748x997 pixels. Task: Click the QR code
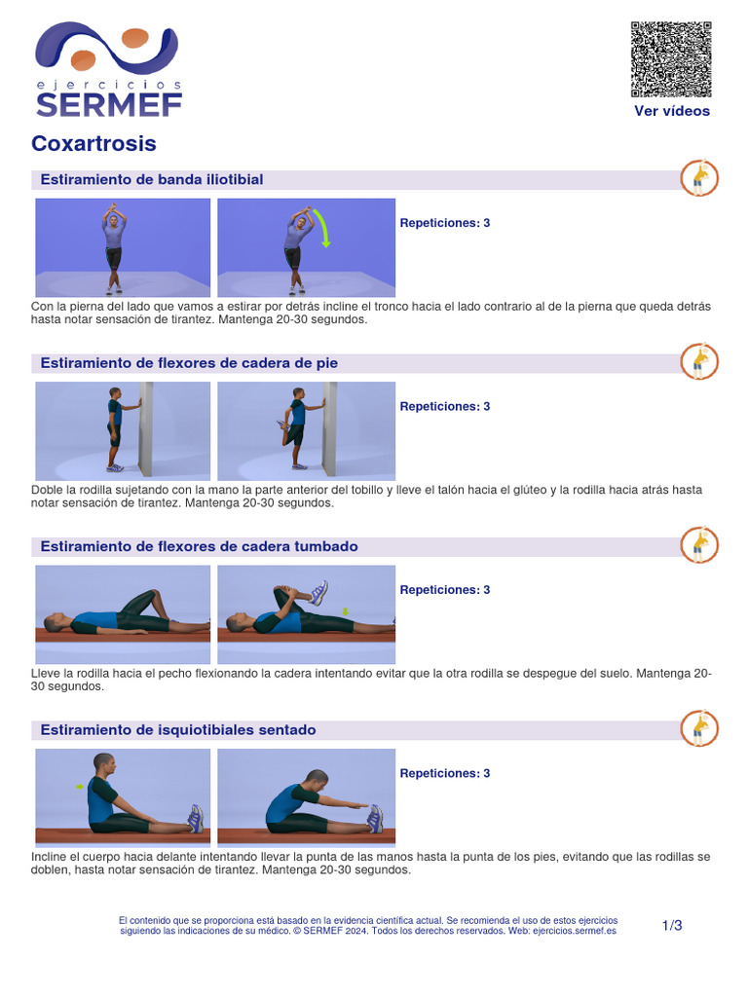pyautogui.click(x=671, y=59)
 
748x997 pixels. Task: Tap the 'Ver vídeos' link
pyautogui.click(x=672, y=111)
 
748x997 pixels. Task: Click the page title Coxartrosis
pyautogui.click(x=94, y=144)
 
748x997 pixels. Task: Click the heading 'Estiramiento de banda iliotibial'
pyautogui.click(x=152, y=179)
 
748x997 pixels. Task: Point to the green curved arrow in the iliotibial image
pyautogui.click(x=322, y=228)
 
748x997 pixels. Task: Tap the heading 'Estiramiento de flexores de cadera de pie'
pyautogui.click(x=189, y=363)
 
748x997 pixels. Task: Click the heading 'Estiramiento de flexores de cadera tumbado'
pyautogui.click(x=199, y=546)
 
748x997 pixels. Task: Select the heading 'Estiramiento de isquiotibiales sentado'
pyautogui.click(x=178, y=730)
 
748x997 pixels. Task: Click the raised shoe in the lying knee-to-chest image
pyautogui.click(x=318, y=593)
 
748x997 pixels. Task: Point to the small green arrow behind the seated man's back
pyautogui.click(x=80, y=787)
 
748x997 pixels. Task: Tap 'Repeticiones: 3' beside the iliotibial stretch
pyautogui.click(x=444, y=223)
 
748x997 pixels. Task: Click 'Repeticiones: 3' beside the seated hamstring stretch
pyautogui.click(x=444, y=774)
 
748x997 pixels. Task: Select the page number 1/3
pyautogui.click(x=672, y=926)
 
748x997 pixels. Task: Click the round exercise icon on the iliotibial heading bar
pyautogui.click(x=699, y=178)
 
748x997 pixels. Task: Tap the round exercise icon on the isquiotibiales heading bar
pyautogui.click(x=699, y=728)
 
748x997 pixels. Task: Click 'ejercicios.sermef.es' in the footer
pyautogui.click(x=575, y=931)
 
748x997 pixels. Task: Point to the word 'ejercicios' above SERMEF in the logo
pyautogui.click(x=109, y=85)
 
